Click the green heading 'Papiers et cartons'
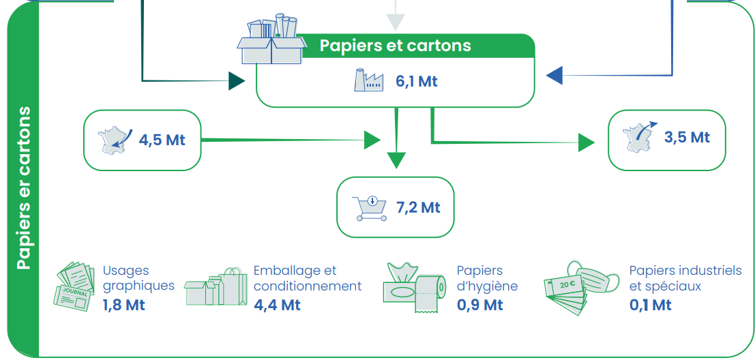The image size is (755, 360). (x=395, y=46)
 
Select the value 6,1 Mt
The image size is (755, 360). (x=416, y=81)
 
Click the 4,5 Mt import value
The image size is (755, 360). (x=162, y=140)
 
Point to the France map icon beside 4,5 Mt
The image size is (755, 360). (x=114, y=140)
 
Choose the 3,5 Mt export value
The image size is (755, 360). (x=687, y=137)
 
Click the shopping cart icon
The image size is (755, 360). (x=369, y=208)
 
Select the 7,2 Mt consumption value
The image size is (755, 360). (x=419, y=207)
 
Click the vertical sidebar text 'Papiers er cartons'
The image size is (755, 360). (x=24, y=187)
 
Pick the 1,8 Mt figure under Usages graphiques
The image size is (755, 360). (x=123, y=305)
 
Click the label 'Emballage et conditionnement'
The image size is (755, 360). (x=307, y=278)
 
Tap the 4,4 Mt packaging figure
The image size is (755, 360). (x=277, y=305)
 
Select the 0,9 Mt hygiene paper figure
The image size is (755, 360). (x=479, y=305)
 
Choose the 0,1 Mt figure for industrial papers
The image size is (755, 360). (x=650, y=305)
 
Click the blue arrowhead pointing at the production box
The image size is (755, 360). (x=554, y=75)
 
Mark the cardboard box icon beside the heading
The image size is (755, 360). (x=271, y=41)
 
